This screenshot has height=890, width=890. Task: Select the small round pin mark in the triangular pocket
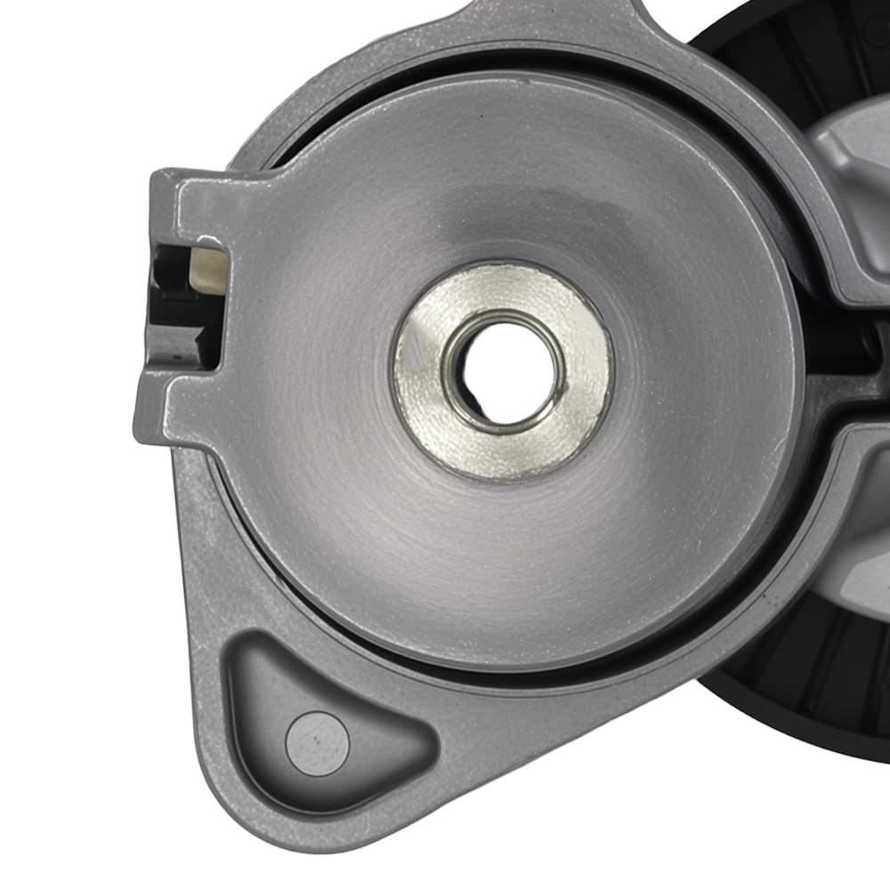(316, 738)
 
